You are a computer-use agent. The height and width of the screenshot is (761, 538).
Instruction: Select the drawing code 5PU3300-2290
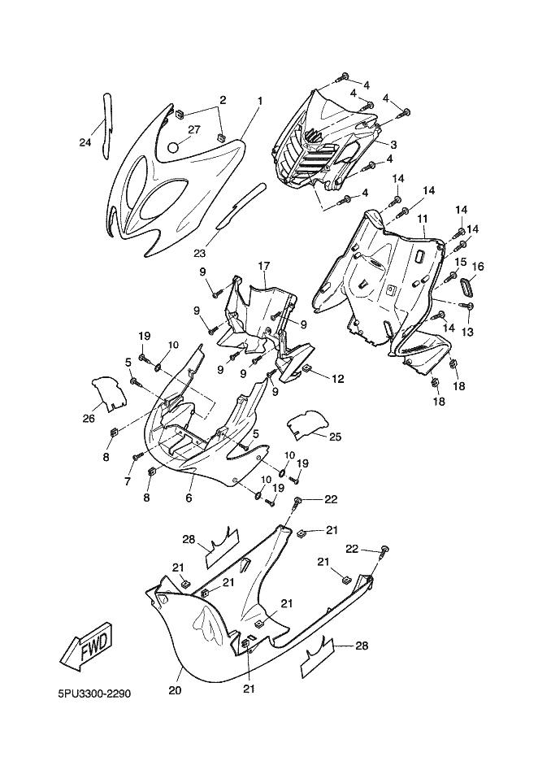tap(95, 695)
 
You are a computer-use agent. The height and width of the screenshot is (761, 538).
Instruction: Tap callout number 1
tap(260, 102)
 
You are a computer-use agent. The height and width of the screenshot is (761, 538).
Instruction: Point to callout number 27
tap(194, 130)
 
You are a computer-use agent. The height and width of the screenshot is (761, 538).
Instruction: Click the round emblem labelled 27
tap(172, 147)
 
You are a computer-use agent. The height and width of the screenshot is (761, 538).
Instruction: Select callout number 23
tap(198, 241)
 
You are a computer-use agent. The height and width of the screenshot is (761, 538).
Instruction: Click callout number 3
tap(393, 145)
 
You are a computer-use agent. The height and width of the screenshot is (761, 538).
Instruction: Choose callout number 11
tap(423, 220)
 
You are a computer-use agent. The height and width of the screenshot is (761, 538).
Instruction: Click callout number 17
tap(263, 266)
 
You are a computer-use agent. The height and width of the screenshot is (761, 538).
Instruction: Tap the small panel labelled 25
tap(306, 424)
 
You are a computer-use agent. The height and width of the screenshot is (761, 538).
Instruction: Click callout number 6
tap(189, 498)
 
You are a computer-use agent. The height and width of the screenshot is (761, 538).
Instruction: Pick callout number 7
tap(127, 482)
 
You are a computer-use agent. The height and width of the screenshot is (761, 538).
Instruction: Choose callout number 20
tap(176, 691)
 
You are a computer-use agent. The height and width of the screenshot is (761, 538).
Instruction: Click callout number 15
tap(461, 263)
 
